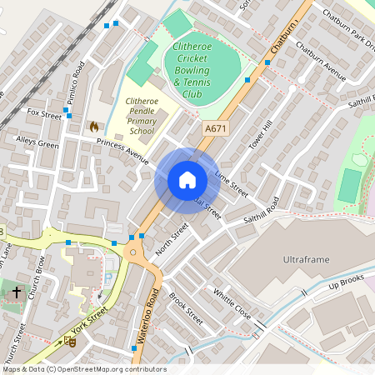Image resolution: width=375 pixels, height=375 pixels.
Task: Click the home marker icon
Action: point(187,180)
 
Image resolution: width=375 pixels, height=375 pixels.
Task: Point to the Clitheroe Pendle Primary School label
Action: point(139,116)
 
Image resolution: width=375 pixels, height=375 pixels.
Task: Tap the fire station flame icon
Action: point(93,127)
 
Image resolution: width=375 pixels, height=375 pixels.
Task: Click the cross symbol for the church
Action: point(17,292)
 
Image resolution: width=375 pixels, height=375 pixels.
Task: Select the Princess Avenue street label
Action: point(122,147)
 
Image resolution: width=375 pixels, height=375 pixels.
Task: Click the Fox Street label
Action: point(44,112)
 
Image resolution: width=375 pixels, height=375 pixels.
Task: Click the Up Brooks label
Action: point(347,286)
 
